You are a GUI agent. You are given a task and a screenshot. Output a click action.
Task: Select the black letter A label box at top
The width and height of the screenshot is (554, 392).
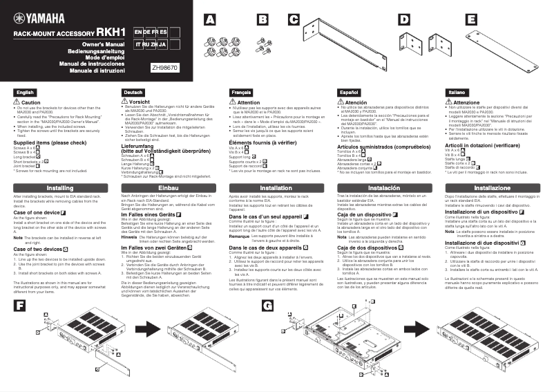coord(210,20)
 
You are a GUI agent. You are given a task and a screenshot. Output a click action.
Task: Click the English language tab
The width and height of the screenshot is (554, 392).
coord(26,92)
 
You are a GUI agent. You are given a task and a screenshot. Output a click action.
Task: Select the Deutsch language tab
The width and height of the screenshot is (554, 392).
coord(134,92)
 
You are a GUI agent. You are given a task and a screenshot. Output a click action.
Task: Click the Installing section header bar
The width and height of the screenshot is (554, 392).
coord(60,188)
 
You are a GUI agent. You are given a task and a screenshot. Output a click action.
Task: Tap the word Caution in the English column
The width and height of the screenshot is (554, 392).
coord(31,102)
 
